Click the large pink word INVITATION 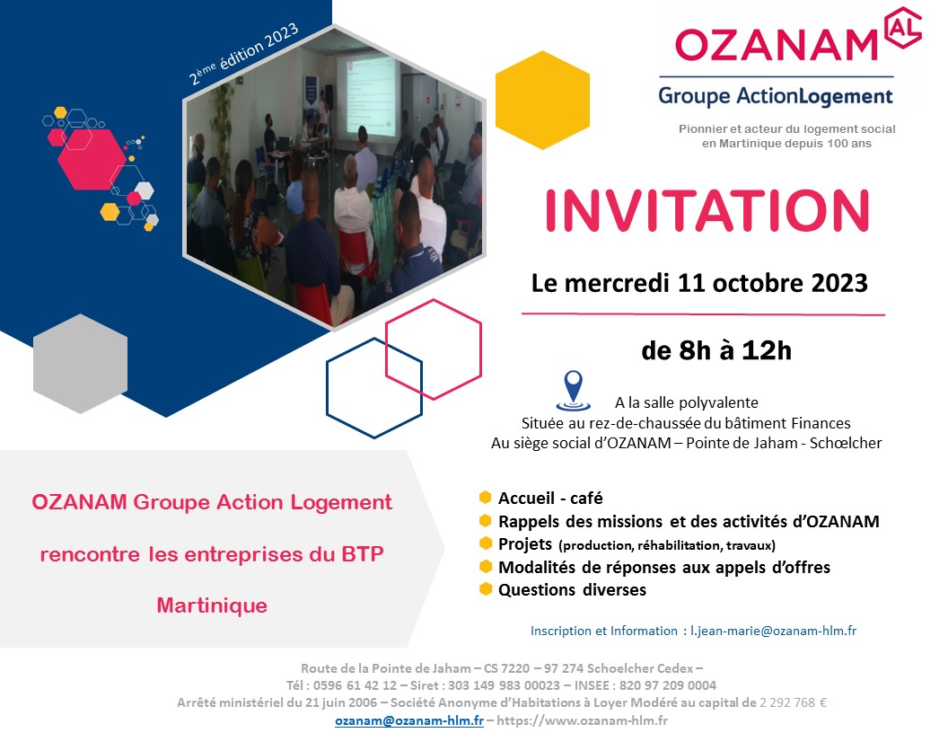tap(707, 210)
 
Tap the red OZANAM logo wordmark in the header tap(776, 45)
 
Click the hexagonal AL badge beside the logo tap(902, 27)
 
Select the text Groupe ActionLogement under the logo tap(776, 96)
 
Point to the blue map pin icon tap(573, 390)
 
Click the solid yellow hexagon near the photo tap(542, 100)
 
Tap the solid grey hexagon tap(81, 364)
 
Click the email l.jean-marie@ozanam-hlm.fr tap(773, 631)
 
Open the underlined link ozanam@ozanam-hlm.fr tap(409, 720)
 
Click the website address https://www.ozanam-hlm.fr tap(583, 720)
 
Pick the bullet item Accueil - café tap(550, 498)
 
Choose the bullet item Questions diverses tap(572, 589)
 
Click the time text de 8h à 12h tap(716, 350)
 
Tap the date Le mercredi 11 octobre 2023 tap(699, 283)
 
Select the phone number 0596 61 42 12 tap(355, 685)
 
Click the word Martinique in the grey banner tap(212, 605)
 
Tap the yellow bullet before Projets tap(486, 543)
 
